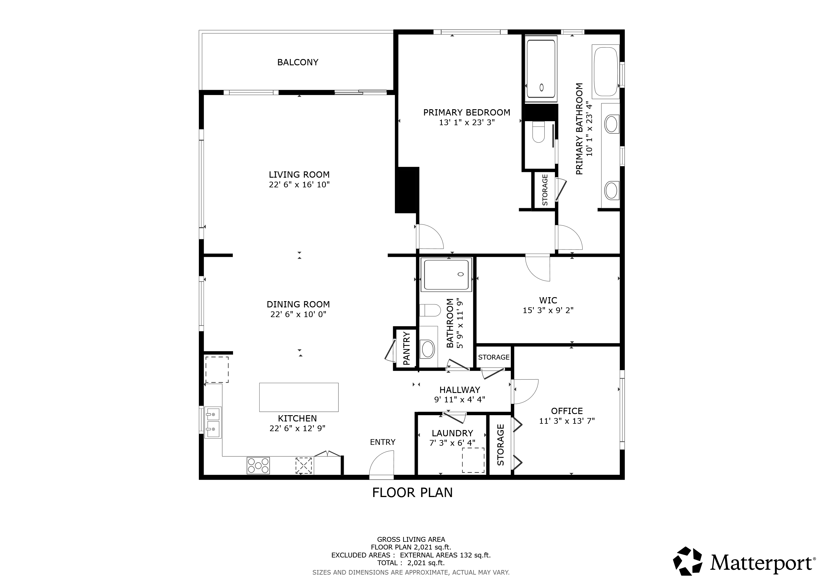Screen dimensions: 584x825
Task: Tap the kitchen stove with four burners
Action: point(258,465)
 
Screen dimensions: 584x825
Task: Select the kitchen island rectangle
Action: point(299,397)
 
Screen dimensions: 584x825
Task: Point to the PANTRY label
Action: point(407,348)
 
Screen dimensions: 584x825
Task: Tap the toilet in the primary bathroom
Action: point(538,132)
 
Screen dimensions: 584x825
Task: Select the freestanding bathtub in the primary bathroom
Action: point(606,72)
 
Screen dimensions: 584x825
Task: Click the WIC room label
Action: point(548,300)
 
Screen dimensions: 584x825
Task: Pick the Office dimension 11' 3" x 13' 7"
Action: point(567,421)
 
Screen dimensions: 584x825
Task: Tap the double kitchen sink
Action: point(213,423)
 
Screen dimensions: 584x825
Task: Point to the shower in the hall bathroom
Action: point(446,275)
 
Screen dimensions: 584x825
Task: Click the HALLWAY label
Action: point(460,390)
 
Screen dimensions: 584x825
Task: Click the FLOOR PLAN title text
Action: point(412,492)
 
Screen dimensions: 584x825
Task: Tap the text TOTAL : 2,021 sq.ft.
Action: point(411,563)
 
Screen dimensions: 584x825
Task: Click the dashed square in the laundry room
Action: point(473,460)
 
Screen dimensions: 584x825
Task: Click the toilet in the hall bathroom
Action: point(430,310)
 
